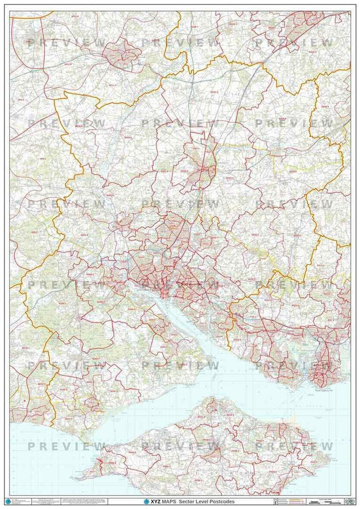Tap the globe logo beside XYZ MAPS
pyautogui.click(x=147, y=502)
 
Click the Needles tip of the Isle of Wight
pyautogui.click(x=80, y=478)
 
